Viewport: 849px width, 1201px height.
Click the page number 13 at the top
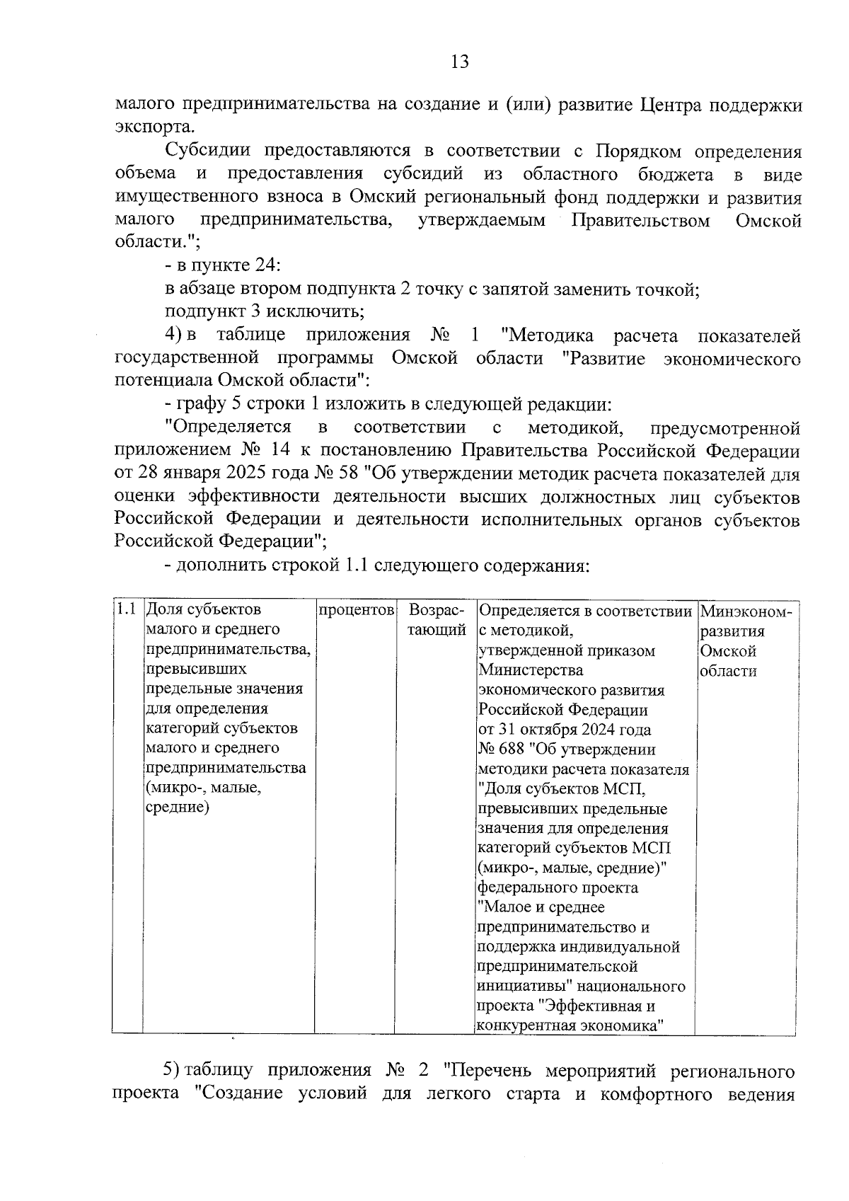point(459,62)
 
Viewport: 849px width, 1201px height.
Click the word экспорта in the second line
point(152,127)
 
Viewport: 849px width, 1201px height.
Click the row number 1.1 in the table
point(127,609)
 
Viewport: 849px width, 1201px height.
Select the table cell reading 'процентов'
point(354,609)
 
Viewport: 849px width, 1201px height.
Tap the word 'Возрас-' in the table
point(437,609)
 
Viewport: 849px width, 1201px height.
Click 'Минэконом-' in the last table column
point(746,610)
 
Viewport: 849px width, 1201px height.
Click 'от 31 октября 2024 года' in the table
point(565,729)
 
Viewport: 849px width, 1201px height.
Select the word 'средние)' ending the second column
point(177,808)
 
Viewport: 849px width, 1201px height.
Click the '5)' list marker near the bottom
point(174,1069)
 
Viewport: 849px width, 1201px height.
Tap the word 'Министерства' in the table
point(531,670)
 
